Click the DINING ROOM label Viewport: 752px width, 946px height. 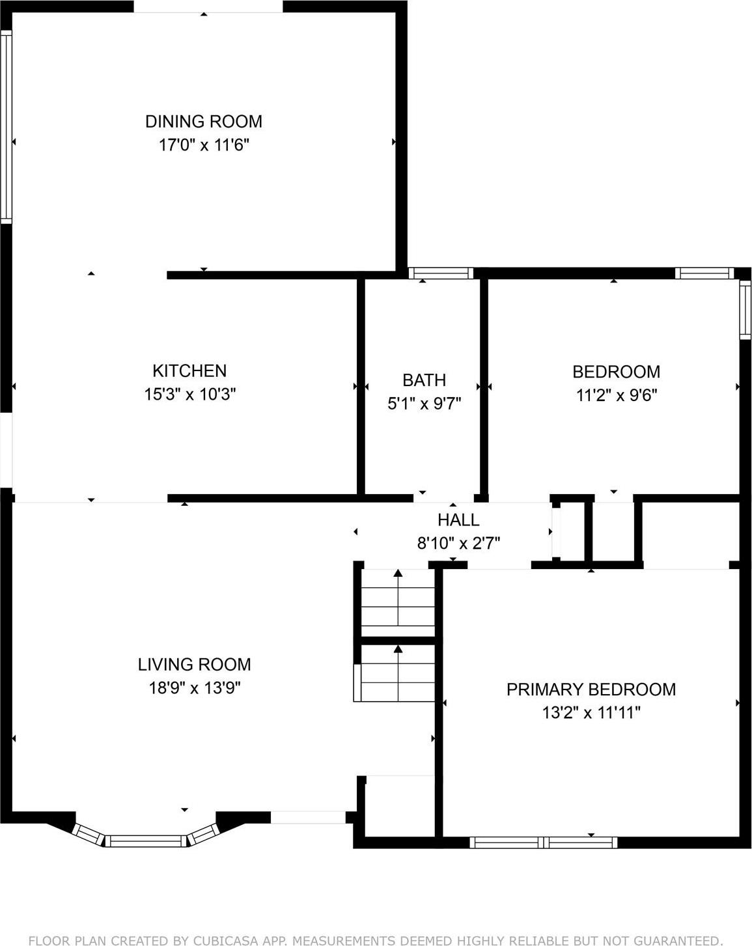pyautogui.click(x=203, y=121)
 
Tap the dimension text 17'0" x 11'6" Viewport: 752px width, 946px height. pyautogui.click(x=204, y=145)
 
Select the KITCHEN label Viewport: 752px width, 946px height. pyautogui.click(x=189, y=370)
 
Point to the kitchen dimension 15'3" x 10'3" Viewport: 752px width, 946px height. pyautogui.click(x=189, y=394)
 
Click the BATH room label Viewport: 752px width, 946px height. pyautogui.click(x=424, y=380)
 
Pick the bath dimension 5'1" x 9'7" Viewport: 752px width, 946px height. pyautogui.click(x=424, y=404)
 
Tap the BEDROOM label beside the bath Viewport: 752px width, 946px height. pyautogui.click(x=616, y=372)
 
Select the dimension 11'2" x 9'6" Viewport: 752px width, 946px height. pyautogui.click(x=616, y=395)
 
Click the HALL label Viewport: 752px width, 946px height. pyautogui.click(x=458, y=520)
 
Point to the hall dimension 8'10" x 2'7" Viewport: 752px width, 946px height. pyautogui.click(x=458, y=543)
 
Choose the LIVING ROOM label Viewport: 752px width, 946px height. pyautogui.click(x=194, y=664)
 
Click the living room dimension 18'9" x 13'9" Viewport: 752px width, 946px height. pyautogui.click(x=195, y=688)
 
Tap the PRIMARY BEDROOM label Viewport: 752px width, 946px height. pyautogui.click(x=591, y=689)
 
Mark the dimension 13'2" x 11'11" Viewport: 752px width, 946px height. pyautogui.click(x=591, y=713)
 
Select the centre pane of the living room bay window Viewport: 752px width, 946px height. pyautogui.click(x=146, y=841)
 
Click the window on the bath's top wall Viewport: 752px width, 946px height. pyautogui.click(x=441, y=273)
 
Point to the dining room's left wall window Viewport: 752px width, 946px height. pyautogui.click(x=6, y=127)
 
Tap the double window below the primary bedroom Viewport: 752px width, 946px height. pyautogui.click(x=543, y=842)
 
